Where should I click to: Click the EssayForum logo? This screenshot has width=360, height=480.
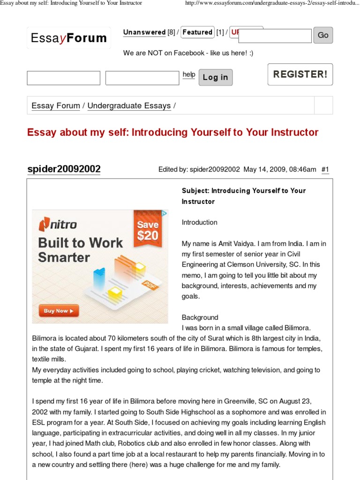coord(69,38)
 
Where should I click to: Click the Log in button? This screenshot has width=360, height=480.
coord(215,77)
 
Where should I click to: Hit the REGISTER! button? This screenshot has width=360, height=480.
coord(300,74)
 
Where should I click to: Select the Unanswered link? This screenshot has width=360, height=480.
coord(144,32)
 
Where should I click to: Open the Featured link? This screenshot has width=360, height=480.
coord(197,32)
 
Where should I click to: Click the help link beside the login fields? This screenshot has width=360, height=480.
coord(188,75)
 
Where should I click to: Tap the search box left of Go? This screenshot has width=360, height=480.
coord(275,36)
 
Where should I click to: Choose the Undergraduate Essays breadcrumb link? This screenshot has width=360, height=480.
coord(129,105)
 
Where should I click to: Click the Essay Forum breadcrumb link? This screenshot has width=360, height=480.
coord(56,105)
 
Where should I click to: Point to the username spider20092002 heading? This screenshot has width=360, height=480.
coord(64,169)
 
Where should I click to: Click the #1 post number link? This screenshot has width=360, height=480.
coord(325,170)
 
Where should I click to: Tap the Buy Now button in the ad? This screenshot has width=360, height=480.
coord(59,311)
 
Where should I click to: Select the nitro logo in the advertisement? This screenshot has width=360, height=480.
coord(58,225)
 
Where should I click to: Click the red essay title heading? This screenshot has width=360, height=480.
coord(172,132)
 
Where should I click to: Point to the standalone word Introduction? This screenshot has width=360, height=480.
coord(199,222)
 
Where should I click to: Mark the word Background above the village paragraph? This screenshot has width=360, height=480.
coord(200,317)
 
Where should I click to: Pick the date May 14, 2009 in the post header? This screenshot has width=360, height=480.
coord(264,170)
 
